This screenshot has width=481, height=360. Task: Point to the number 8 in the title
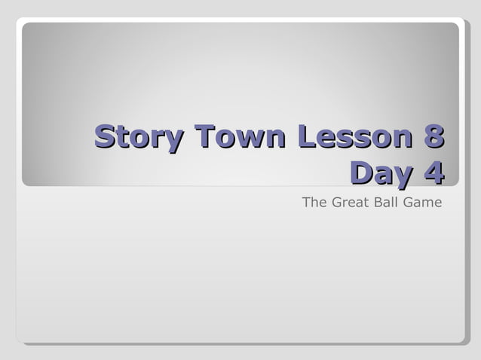click(x=433, y=138)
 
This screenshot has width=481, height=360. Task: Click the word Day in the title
click(x=381, y=172)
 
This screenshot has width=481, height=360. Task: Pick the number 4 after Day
click(x=433, y=172)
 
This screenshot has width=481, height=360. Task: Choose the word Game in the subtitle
click(x=424, y=202)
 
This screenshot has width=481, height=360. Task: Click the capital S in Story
click(x=105, y=138)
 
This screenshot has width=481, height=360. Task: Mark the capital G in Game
click(x=410, y=202)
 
